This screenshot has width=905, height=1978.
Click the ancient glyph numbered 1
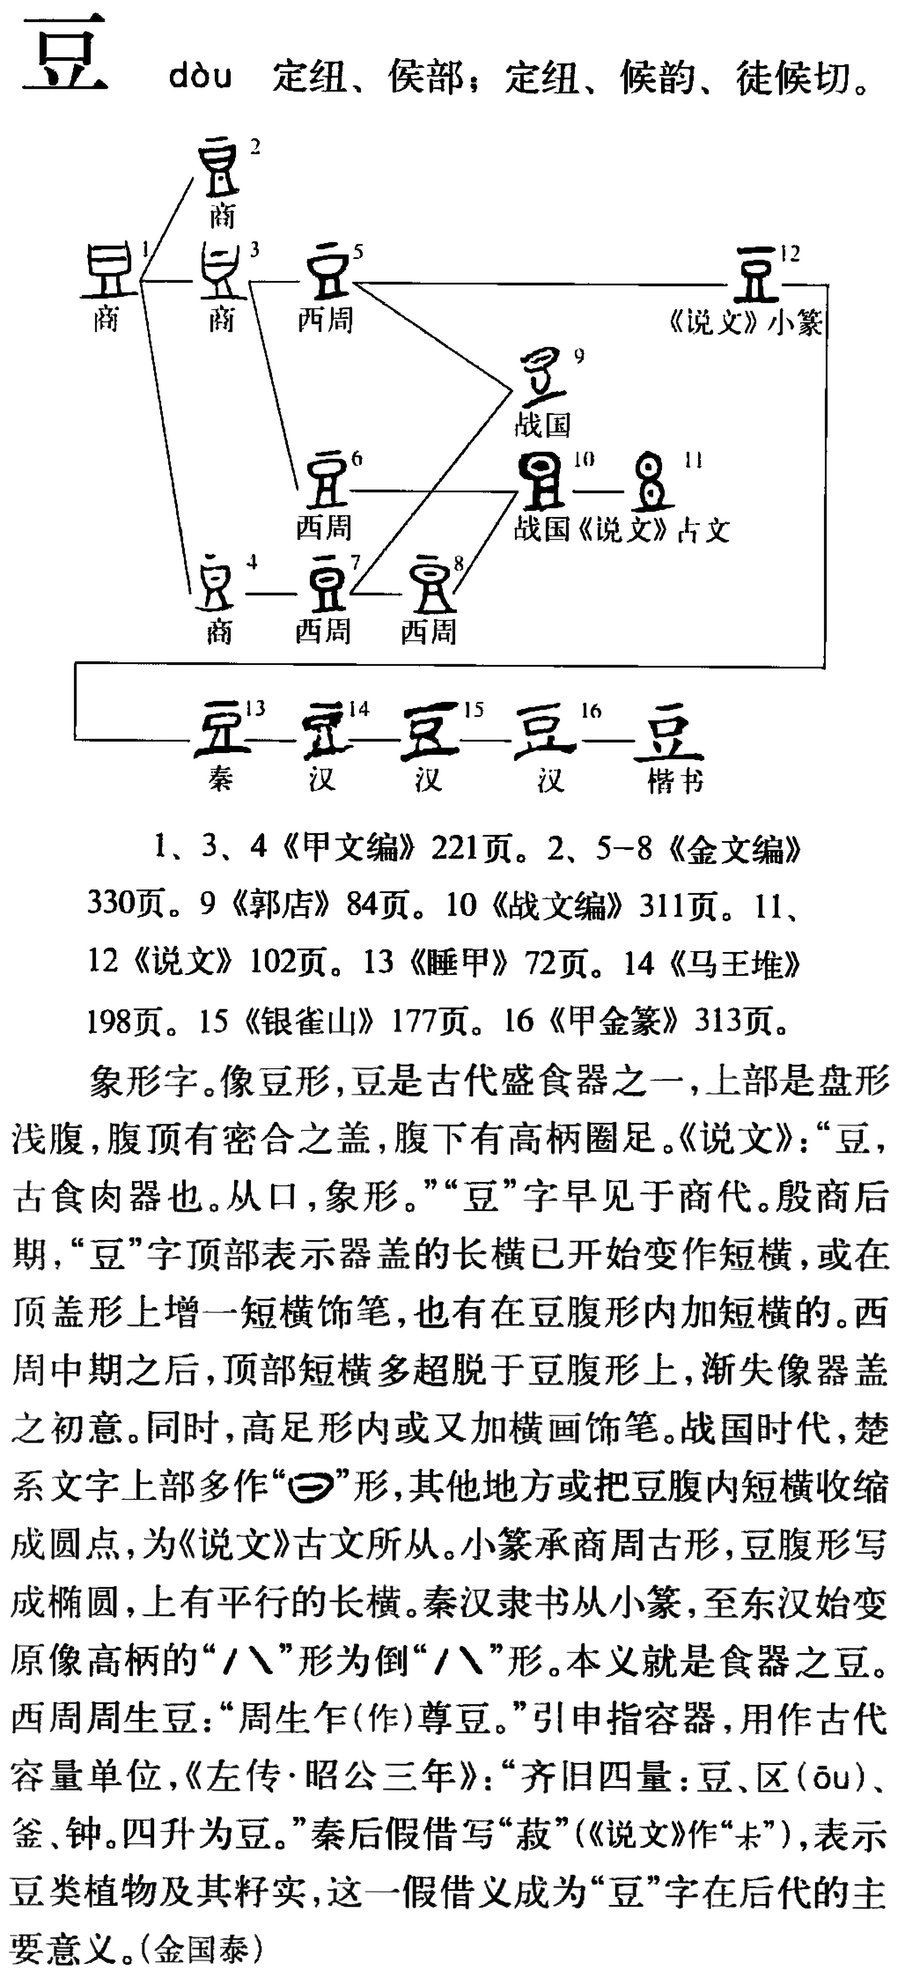(110, 273)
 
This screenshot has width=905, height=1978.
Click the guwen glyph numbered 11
(654, 484)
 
